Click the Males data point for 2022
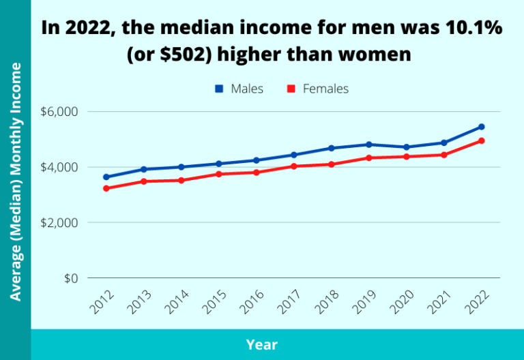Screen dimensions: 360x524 [x=481, y=127]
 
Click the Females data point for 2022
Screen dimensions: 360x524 [x=481, y=141]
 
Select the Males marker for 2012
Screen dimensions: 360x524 [x=106, y=177]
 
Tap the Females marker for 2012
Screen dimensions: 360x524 [x=106, y=188]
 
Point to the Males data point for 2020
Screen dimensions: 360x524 [x=407, y=147]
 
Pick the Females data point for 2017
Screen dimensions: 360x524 [x=294, y=166]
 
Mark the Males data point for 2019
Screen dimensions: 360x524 [x=369, y=145]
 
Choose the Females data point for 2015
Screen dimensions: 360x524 [x=219, y=174]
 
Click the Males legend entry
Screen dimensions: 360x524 [x=239, y=89]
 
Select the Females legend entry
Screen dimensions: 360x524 [x=317, y=89]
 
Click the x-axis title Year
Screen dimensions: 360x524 [x=262, y=345]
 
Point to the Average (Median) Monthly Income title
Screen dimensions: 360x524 [x=15, y=181]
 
